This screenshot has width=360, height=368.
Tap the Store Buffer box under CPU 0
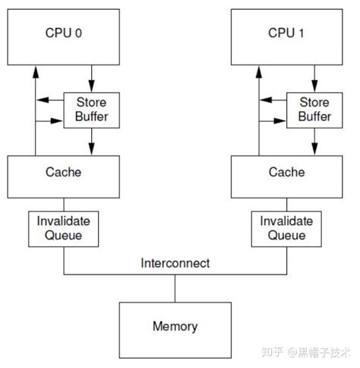point(90,110)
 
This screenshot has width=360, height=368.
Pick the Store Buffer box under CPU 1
point(314,110)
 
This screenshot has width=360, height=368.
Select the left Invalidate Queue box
point(64,229)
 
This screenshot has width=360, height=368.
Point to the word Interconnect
point(175,265)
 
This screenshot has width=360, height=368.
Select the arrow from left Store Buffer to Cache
point(90,141)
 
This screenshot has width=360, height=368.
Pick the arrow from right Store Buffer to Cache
point(314,141)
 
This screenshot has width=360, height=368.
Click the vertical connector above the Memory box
point(175,287)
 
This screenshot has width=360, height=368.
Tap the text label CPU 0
point(63,33)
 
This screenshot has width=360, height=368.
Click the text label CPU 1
point(287,33)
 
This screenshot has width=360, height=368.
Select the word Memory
point(175,327)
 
